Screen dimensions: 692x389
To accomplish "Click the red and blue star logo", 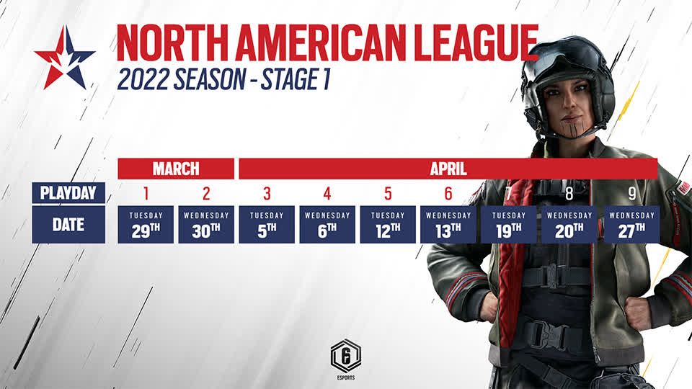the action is (65, 58).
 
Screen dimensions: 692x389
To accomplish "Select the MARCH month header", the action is (176, 169).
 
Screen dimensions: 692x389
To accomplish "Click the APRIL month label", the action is (448, 169).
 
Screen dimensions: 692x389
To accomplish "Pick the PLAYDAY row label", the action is (68, 193).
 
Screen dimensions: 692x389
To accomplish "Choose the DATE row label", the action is (68, 225).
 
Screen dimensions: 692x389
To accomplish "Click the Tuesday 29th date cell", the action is (146, 225).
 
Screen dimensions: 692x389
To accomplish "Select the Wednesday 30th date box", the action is (206, 225).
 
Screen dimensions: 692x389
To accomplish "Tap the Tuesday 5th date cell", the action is (267, 225).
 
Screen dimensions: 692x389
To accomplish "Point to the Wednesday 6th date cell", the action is (327, 225).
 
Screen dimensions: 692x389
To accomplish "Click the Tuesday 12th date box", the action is (388, 225).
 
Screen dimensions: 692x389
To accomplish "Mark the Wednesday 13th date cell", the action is (448, 225).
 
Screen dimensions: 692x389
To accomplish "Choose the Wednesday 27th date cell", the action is (631, 225).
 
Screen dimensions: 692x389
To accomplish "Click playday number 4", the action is (327, 194).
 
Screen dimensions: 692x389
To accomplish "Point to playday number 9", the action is (632, 194).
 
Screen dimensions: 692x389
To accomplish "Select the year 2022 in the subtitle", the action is (143, 80).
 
